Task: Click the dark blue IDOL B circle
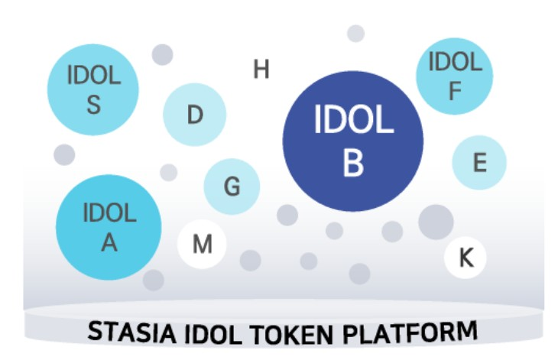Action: (352, 141)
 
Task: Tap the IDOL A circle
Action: (109, 226)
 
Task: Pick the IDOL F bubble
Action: (455, 76)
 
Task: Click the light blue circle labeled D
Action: (195, 115)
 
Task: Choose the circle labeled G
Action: (232, 186)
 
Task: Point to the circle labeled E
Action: (479, 162)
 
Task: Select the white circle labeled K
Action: (466, 258)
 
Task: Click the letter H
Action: (261, 70)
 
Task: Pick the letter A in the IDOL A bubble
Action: (109, 242)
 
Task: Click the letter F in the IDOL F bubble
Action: (455, 92)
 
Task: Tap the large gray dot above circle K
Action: (436, 222)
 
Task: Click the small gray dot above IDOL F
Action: (355, 34)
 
